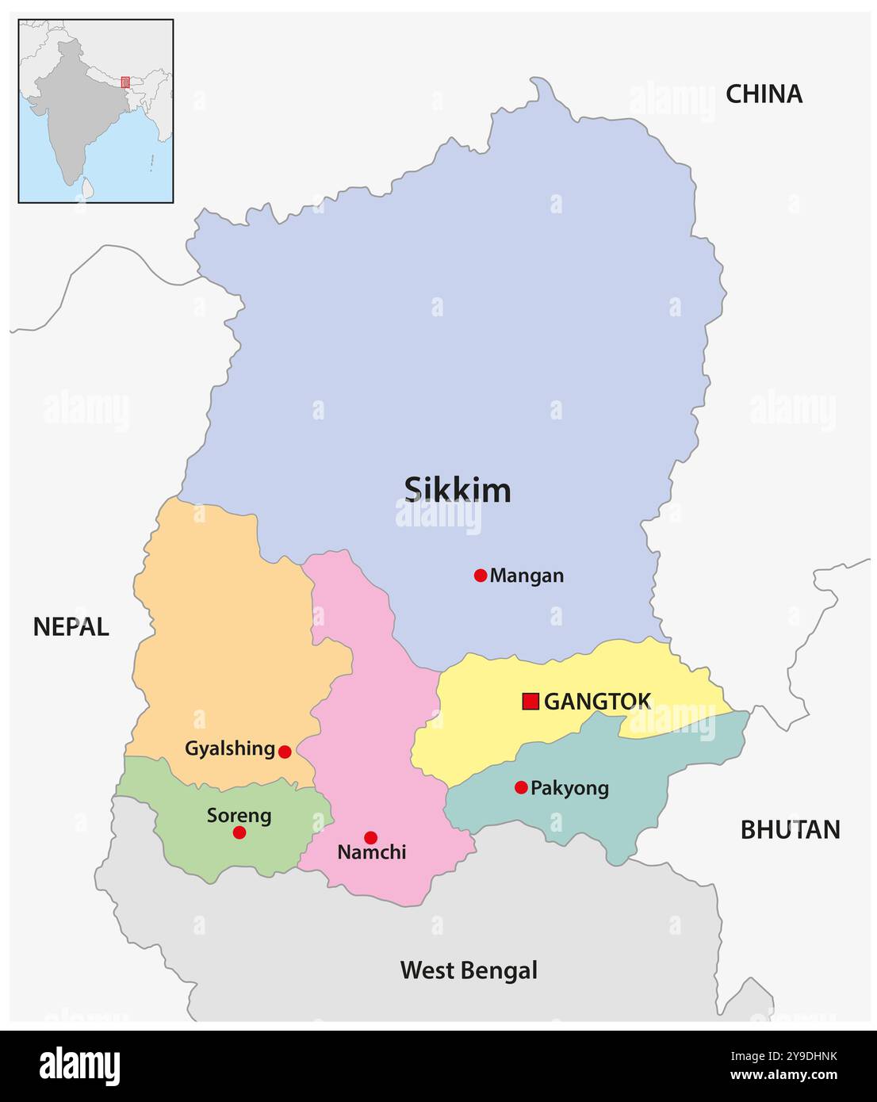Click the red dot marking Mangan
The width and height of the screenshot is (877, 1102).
[480, 576]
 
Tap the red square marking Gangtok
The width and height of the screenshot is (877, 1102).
[530, 701]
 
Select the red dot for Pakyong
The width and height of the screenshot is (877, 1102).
[521, 787]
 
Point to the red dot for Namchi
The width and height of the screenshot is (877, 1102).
[370, 837]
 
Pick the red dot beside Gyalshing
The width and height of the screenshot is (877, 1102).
[285, 752]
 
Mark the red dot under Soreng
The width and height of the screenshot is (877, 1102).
[239, 832]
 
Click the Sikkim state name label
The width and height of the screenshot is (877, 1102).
[458, 490]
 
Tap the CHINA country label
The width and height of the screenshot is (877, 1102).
[764, 94]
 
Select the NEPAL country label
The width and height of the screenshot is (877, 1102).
[71, 627]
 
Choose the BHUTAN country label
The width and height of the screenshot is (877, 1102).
[790, 829]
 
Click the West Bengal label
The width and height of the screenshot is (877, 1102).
[469, 970]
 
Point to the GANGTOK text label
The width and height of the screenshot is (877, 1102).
[597, 701]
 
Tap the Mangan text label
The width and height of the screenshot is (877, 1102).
[527, 576]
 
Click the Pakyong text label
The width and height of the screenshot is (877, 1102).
[569, 788]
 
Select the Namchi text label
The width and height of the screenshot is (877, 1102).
[371, 852]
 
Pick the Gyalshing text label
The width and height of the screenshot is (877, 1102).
[230, 748]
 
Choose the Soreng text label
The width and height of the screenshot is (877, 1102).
[239, 815]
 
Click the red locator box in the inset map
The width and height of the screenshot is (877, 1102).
[125, 82]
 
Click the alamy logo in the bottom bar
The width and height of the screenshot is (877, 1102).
[79, 1066]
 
